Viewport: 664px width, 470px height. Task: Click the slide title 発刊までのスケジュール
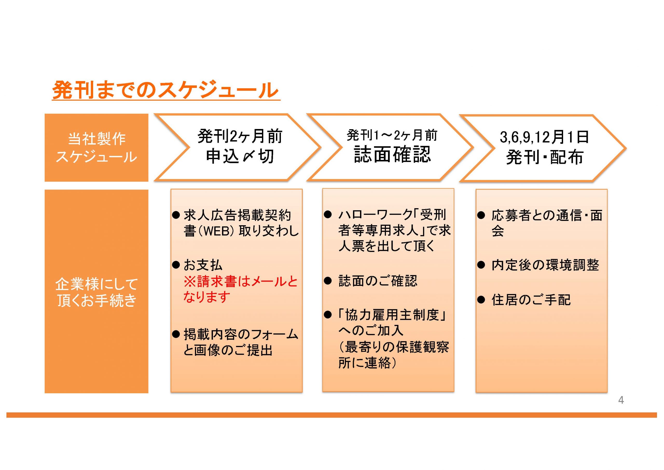pos(165,90)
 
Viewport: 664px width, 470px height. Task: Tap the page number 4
pos(621,400)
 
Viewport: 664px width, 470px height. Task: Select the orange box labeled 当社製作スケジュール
pos(96,148)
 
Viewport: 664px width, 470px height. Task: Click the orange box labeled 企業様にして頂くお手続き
pos(96,291)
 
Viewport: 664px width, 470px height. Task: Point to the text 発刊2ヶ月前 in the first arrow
pos(240,136)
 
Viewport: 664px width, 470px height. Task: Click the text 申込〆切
pos(240,156)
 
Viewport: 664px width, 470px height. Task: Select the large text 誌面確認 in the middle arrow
pos(392,154)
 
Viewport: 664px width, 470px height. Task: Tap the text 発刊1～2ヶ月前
pos(392,135)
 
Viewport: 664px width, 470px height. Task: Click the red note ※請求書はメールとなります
pos(241,289)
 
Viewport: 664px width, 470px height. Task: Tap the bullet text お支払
pos(203,265)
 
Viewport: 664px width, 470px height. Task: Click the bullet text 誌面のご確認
pos(378,281)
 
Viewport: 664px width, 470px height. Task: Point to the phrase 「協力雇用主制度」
pos(392,315)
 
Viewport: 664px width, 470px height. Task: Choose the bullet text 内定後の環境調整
pos(545,265)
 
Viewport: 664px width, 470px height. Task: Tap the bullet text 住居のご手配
pos(531,299)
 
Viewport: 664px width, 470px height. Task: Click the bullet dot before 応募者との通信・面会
pos(481,216)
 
